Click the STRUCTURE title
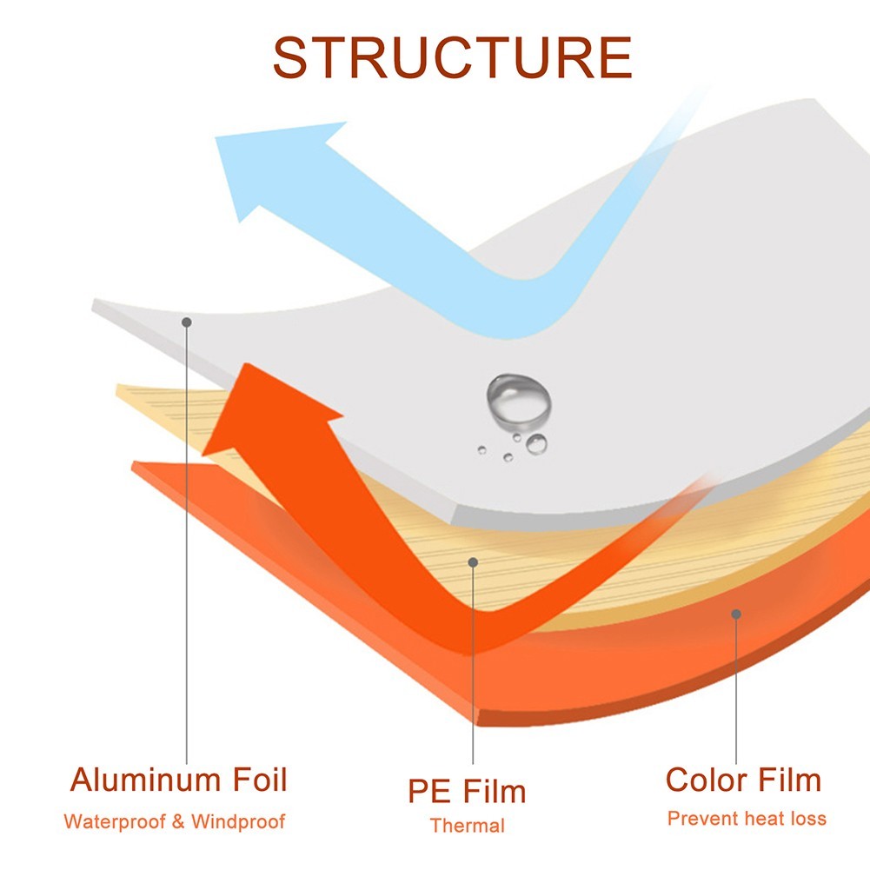(453, 57)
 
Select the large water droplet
(519, 402)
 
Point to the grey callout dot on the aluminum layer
(187, 322)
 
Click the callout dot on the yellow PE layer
(473, 562)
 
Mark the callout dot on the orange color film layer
(736, 614)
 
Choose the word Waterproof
(115, 821)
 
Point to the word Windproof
(238, 821)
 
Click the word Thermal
(468, 826)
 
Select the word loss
(808, 819)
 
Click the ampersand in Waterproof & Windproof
(178, 821)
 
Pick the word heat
(765, 819)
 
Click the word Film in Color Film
(789, 780)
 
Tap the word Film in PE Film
(494, 791)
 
